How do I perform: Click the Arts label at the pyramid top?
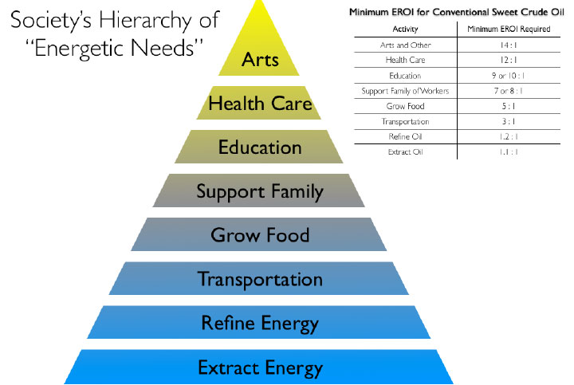260,60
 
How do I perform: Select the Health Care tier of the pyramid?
260,104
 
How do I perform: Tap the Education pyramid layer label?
260,147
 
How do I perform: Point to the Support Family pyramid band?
260,191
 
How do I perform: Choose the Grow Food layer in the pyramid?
260,235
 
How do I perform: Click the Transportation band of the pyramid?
260,279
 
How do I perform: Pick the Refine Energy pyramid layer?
260,323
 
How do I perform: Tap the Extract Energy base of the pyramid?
260,367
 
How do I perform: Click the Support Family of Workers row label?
403,91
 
